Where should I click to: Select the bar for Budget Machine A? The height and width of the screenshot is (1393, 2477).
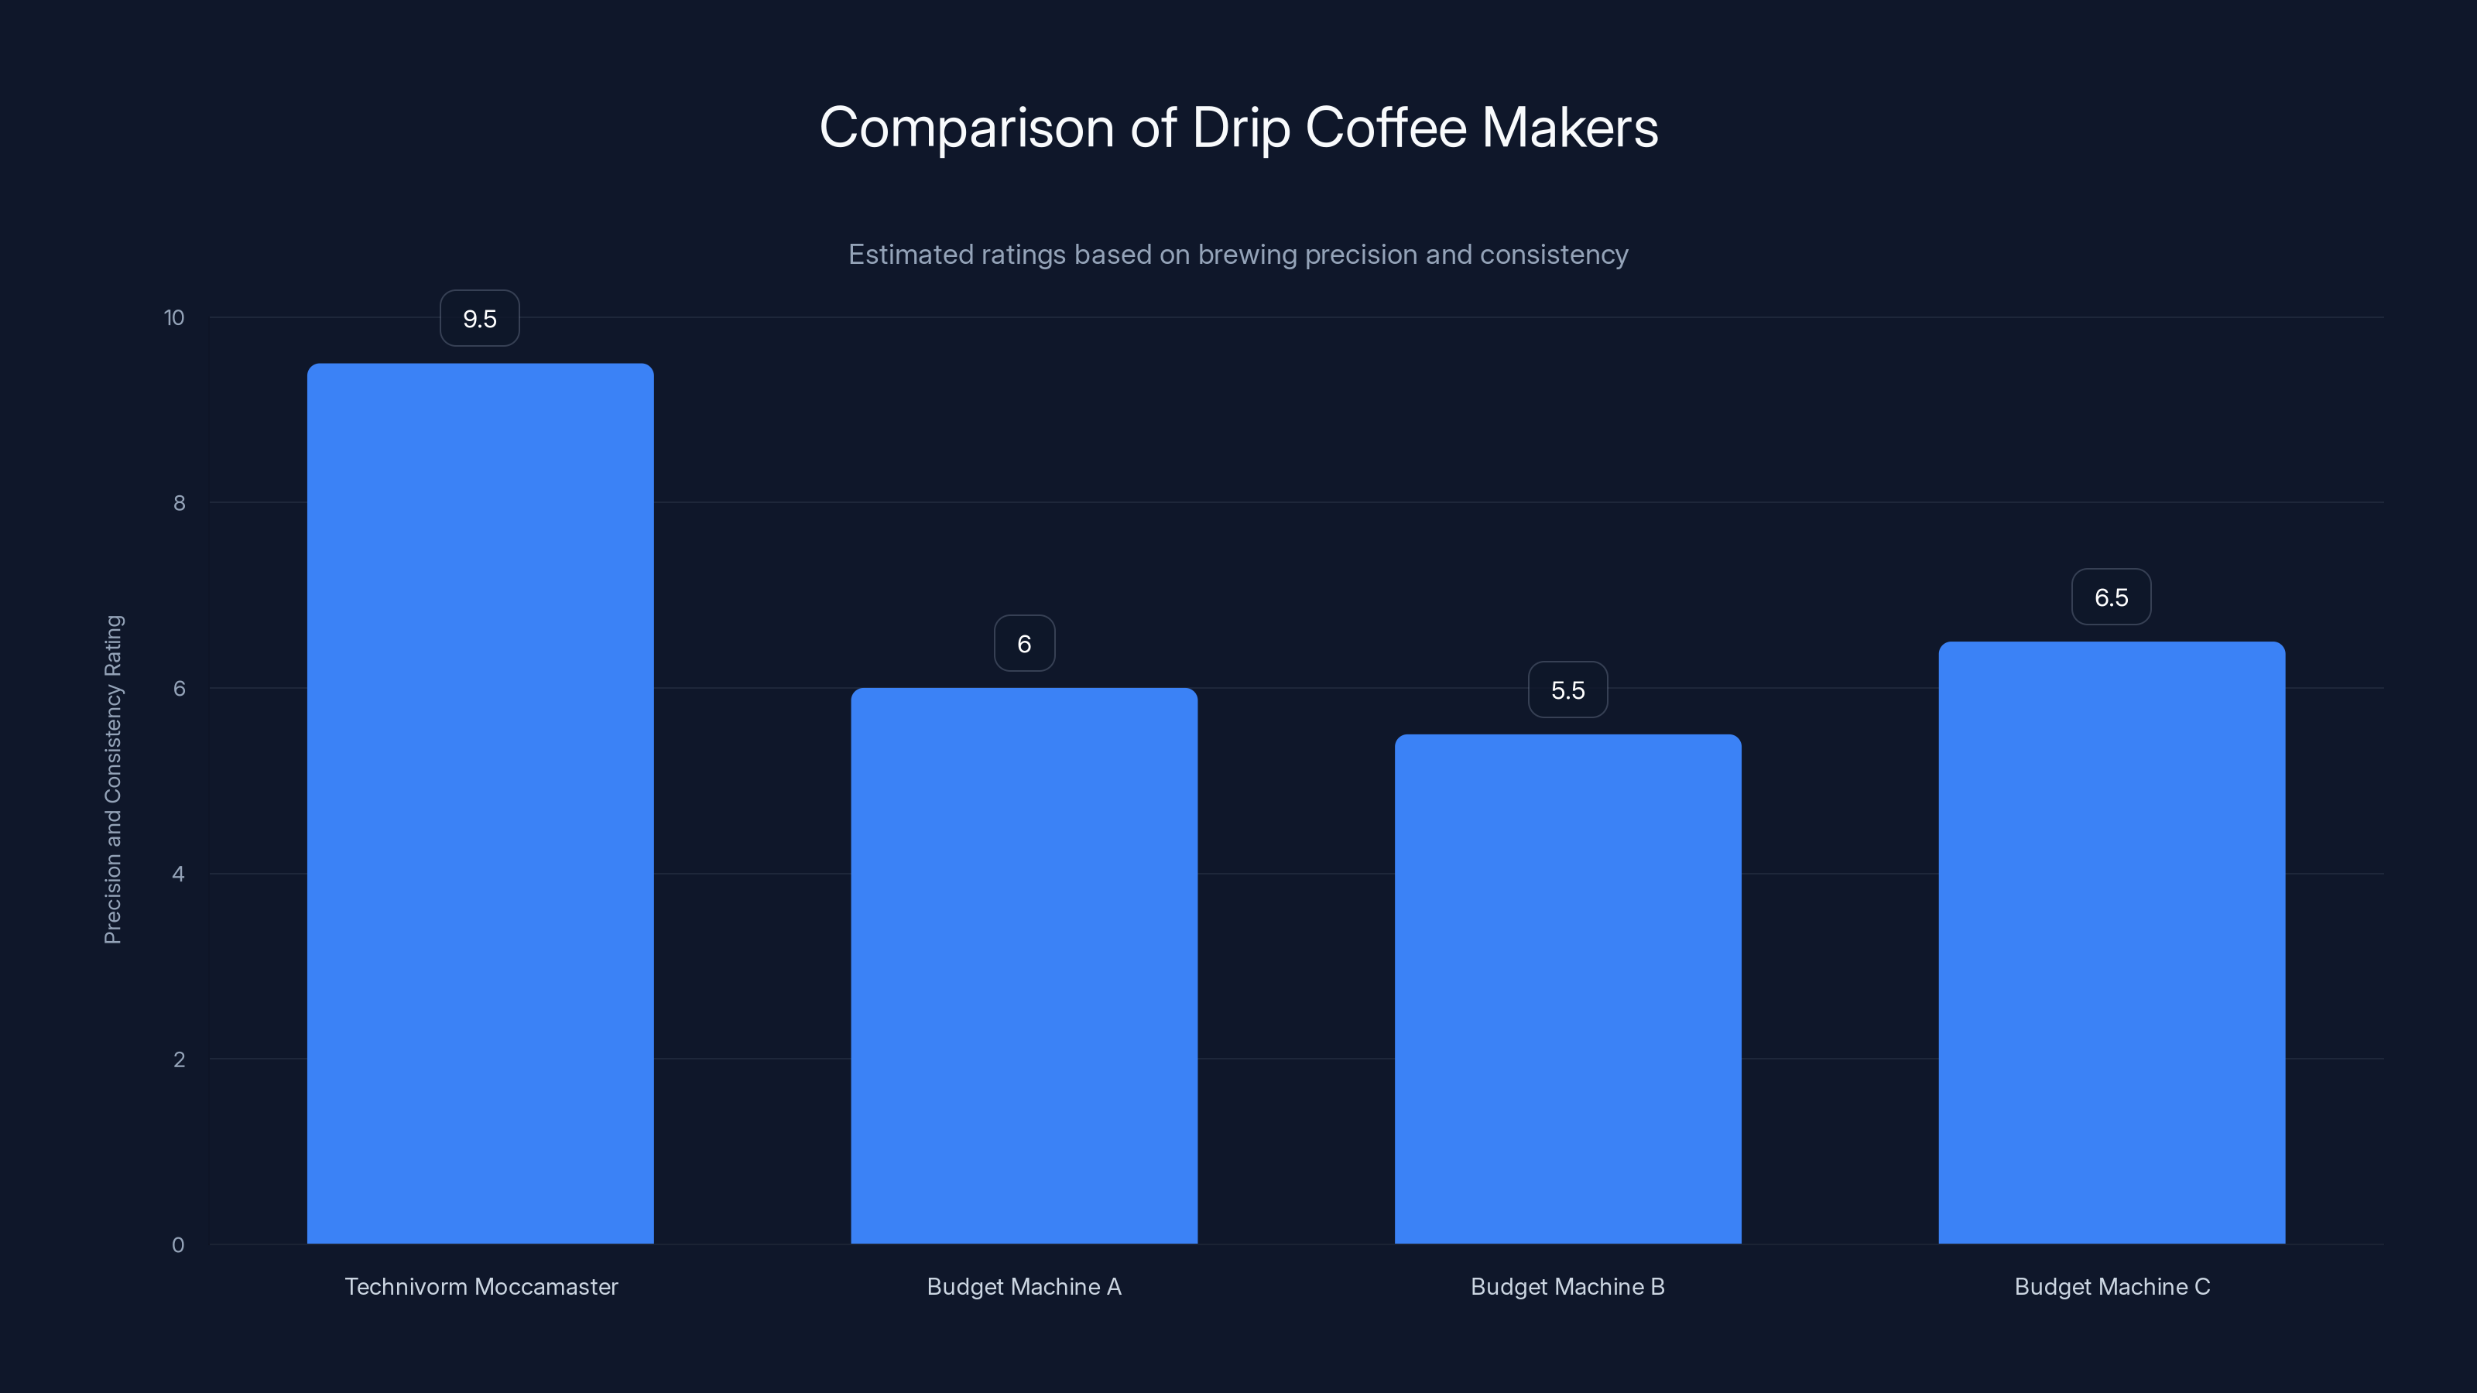click(x=1024, y=965)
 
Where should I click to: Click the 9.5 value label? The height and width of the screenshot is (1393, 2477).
click(x=480, y=318)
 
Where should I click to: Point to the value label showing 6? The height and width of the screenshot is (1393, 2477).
click(x=1024, y=643)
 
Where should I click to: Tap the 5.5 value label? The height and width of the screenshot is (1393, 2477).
click(x=1567, y=690)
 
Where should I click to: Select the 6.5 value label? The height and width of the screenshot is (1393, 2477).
click(x=2112, y=597)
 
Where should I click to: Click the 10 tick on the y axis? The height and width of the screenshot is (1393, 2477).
click(x=174, y=317)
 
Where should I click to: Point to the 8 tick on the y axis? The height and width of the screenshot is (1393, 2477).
click(x=179, y=503)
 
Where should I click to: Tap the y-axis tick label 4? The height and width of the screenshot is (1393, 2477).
click(x=179, y=874)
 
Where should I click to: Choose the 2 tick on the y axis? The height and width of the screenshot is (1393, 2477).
click(x=179, y=1059)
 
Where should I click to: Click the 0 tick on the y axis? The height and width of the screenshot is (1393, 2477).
click(x=179, y=1245)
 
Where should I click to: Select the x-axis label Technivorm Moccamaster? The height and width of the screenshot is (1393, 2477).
click(x=481, y=1286)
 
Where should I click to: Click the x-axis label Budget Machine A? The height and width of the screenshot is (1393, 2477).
click(x=1024, y=1286)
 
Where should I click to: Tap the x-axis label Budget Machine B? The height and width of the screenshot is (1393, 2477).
click(x=1567, y=1286)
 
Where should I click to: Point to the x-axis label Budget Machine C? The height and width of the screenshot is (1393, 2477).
click(x=2112, y=1286)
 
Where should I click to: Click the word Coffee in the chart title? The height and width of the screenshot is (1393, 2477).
click(x=1386, y=127)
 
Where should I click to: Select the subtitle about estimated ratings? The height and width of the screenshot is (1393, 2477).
click(x=1238, y=254)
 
